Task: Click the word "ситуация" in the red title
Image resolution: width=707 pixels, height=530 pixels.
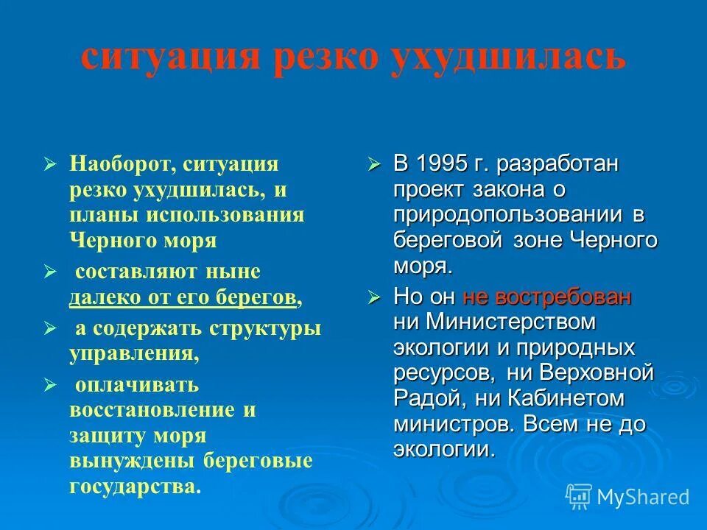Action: [170, 57]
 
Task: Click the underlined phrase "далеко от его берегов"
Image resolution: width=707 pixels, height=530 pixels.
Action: [184, 297]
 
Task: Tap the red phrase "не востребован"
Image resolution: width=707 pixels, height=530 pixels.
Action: [546, 297]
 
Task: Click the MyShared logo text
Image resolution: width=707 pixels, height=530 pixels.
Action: [642, 497]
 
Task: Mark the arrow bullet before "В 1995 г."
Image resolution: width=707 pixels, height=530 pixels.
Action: [374, 163]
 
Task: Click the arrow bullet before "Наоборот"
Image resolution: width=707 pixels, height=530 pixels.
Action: [50, 163]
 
